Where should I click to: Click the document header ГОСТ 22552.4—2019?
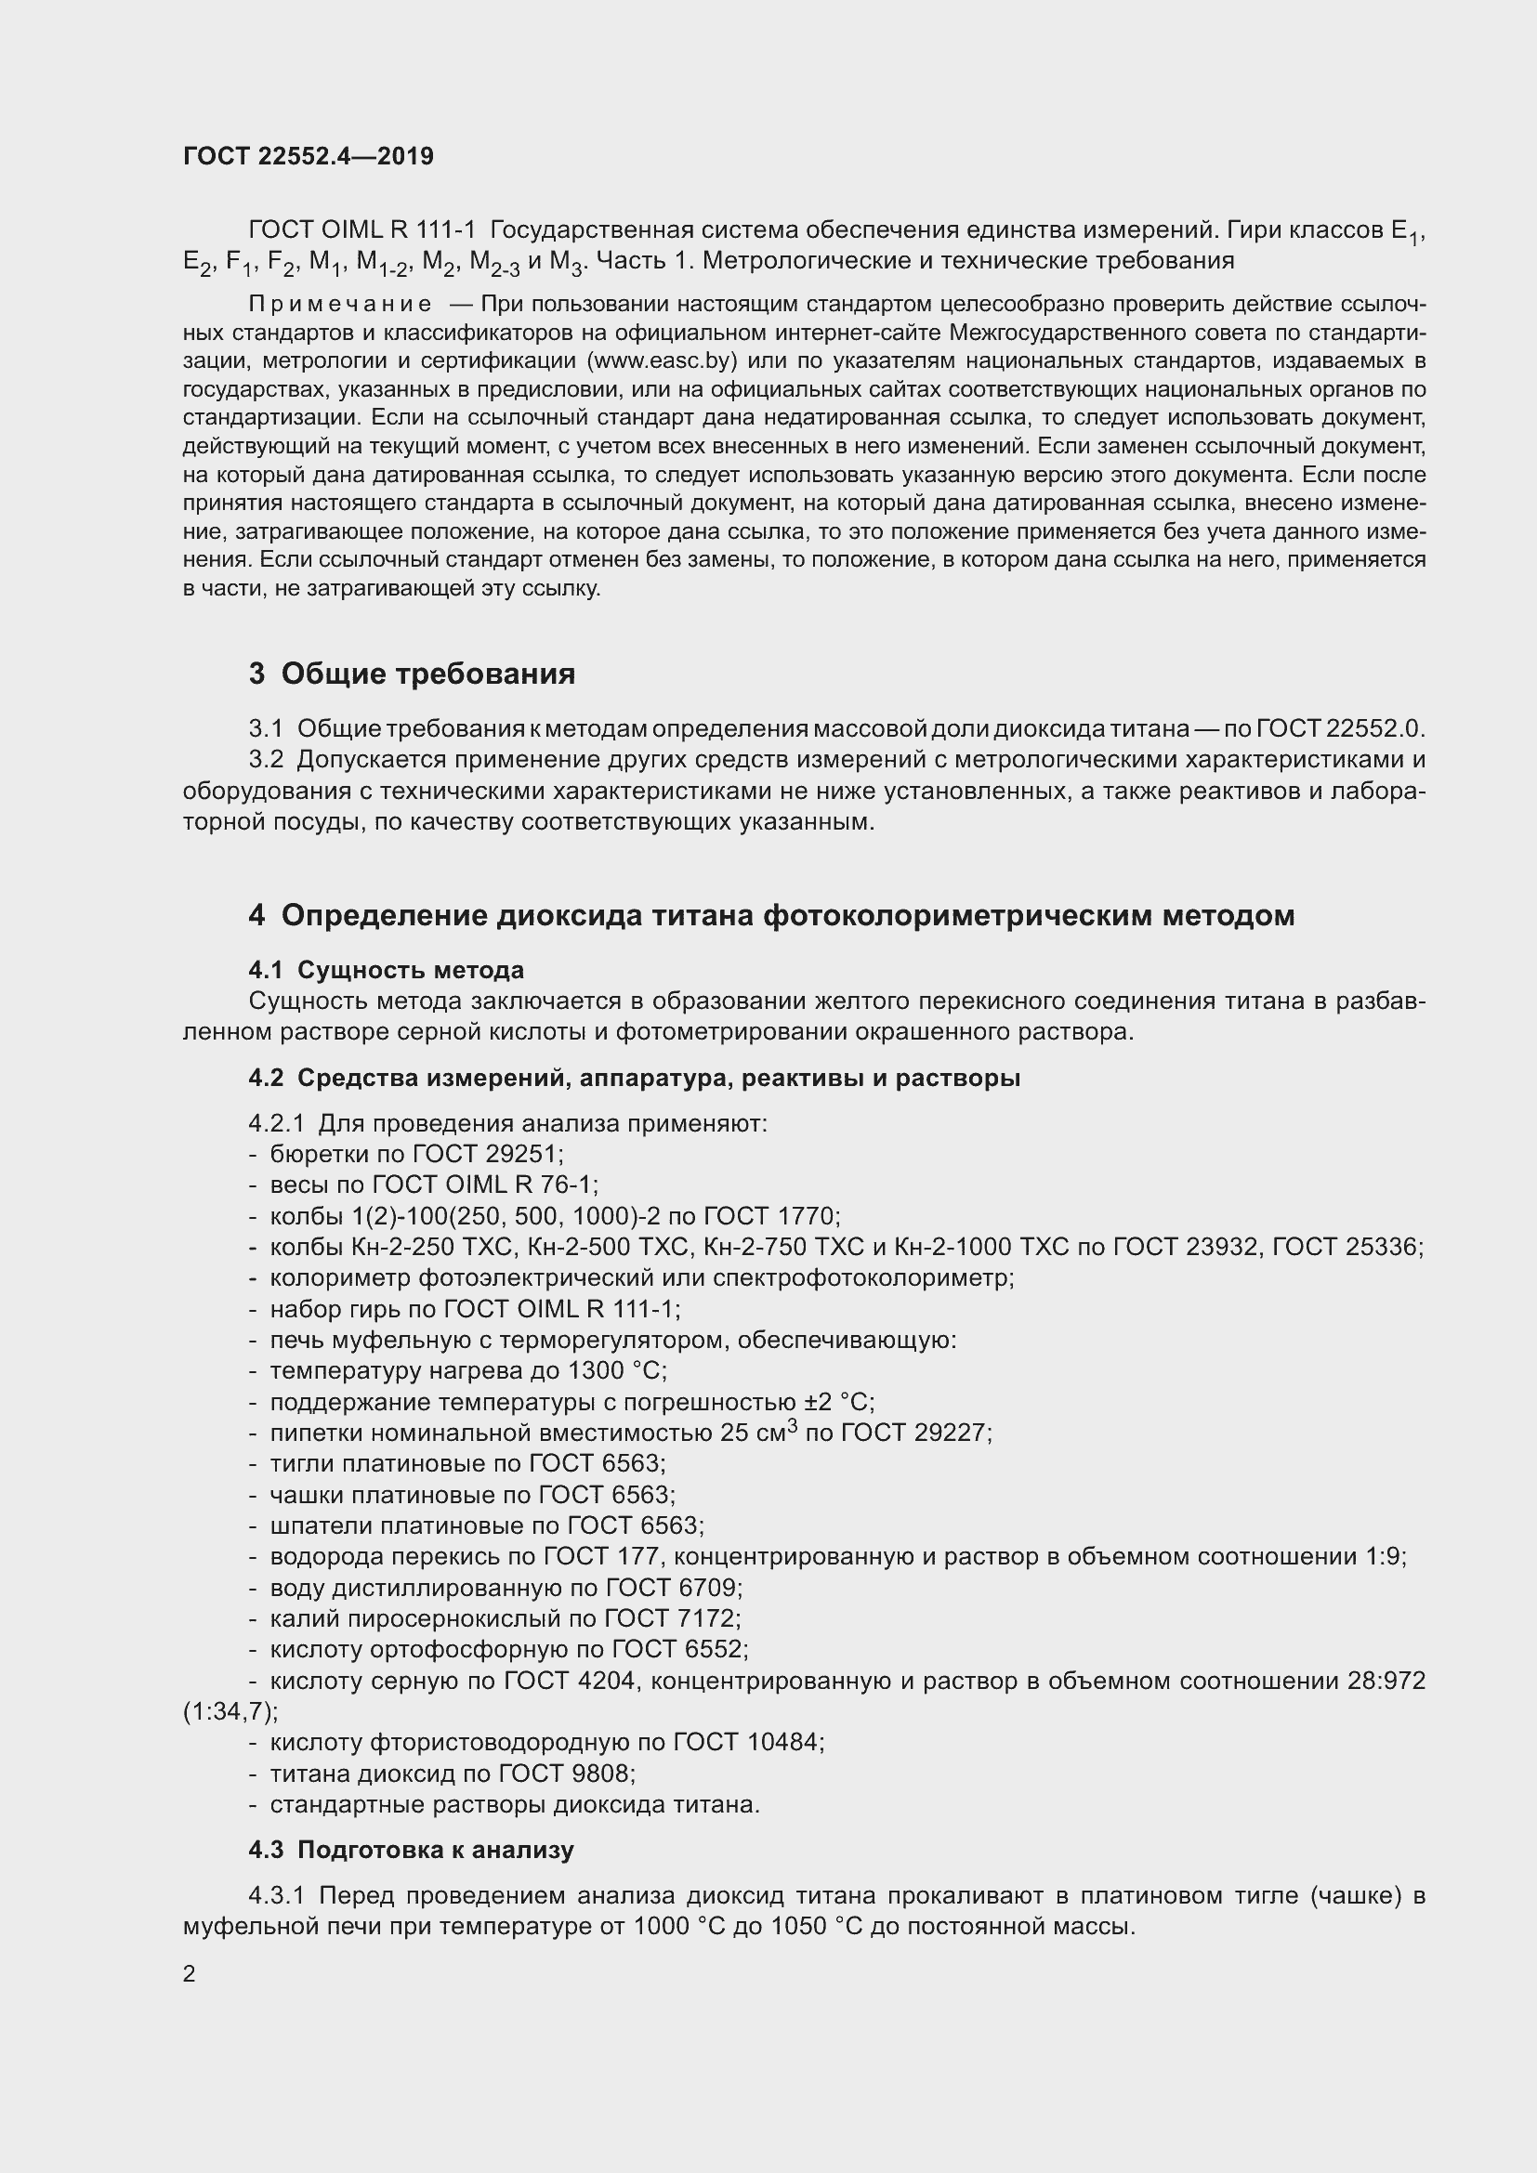point(309,156)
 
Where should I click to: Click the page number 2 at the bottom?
point(190,1973)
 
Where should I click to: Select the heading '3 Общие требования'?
point(412,674)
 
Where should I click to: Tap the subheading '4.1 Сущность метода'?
point(387,969)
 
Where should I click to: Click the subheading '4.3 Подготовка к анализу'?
point(412,1850)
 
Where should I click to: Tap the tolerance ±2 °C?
point(838,1402)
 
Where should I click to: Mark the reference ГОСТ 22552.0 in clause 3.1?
point(1338,728)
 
